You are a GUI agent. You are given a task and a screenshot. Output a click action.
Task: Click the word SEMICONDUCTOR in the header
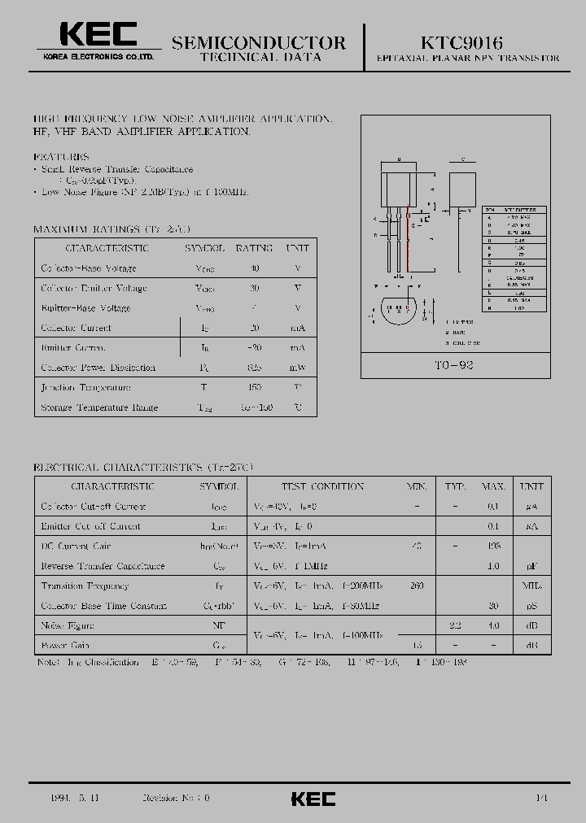tap(259, 42)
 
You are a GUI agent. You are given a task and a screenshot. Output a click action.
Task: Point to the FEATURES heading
tap(61, 156)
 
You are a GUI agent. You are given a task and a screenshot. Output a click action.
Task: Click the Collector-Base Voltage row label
tap(88, 268)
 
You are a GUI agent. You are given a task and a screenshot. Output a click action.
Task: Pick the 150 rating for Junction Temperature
tap(254, 388)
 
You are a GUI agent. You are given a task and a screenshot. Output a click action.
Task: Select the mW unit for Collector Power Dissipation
tap(297, 368)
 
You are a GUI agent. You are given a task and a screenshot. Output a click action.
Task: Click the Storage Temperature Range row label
tap(99, 407)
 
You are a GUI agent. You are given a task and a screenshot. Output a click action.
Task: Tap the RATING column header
tap(254, 248)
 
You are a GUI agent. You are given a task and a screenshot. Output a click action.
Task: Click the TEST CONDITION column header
tap(322, 486)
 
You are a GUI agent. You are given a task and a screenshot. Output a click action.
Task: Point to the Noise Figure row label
tap(68, 625)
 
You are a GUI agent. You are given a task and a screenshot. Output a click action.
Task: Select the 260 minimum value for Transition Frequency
tap(417, 586)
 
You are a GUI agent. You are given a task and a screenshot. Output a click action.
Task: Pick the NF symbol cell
tap(219, 625)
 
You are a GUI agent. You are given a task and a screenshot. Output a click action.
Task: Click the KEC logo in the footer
tap(313, 799)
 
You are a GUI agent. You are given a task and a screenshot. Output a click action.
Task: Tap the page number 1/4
tap(542, 799)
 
